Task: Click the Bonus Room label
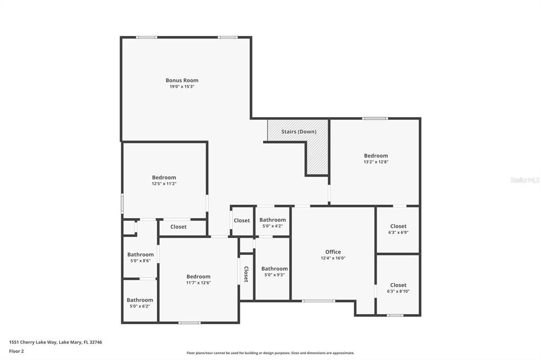[182, 80]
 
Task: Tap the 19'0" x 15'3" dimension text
[182, 87]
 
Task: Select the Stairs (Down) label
[299, 131]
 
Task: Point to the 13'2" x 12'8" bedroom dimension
[376, 162]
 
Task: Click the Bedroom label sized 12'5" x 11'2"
[164, 177]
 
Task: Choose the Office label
[333, 252]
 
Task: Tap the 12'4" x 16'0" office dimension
[333, 258]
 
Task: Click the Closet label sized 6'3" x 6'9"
[398, 226]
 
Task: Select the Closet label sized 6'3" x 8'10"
[398, 285]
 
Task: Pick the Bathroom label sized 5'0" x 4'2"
[273, 220]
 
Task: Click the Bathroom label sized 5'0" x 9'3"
[274, 268]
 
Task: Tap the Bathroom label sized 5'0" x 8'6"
[140, 254]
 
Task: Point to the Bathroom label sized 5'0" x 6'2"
[139, 300]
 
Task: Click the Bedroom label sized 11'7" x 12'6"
[198, 276]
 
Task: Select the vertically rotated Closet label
[246, 274]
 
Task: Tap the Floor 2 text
[16, 351]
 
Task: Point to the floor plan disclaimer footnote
[270, 353]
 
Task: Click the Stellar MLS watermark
[525, 180]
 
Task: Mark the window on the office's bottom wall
[318, 301]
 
